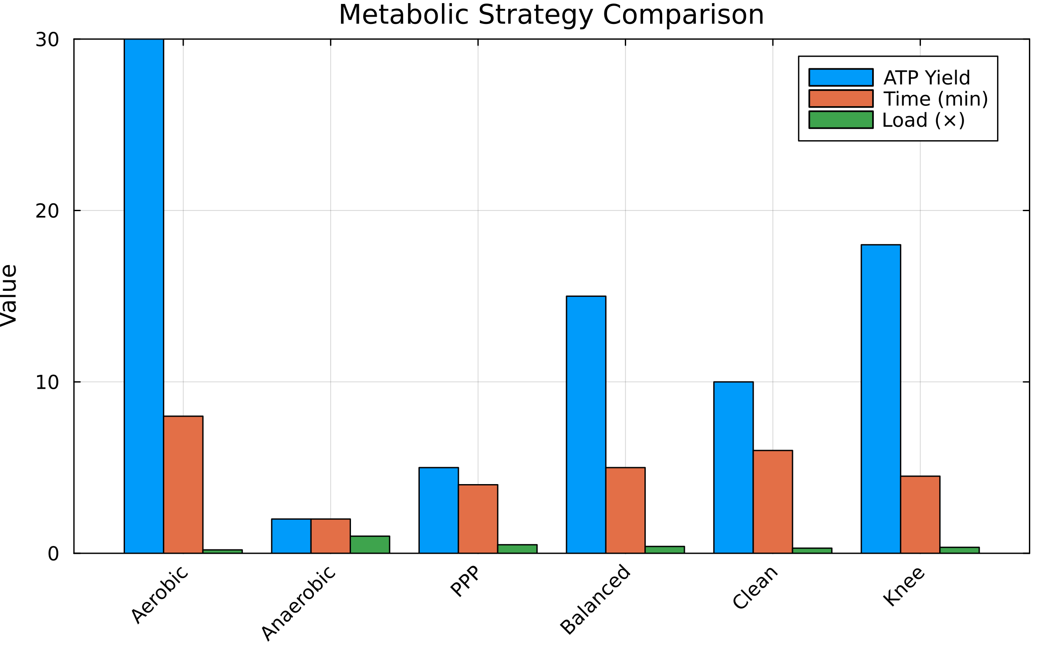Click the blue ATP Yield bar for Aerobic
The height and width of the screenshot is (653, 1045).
144,296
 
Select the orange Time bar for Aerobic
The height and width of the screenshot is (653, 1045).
183,485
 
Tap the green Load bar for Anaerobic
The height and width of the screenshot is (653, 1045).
370,545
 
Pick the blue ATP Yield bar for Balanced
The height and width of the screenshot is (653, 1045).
586,424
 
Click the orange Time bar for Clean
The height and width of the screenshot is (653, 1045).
772,502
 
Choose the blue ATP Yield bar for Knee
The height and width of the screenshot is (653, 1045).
880,399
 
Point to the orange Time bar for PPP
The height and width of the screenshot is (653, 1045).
478,518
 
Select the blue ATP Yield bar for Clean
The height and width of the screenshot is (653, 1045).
733,467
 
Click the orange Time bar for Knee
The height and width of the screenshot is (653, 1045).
920,515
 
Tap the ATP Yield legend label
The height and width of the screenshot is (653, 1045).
927,78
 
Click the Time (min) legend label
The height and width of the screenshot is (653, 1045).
935,99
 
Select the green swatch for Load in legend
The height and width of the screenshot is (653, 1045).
841,120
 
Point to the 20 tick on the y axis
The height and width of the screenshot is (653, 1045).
47,211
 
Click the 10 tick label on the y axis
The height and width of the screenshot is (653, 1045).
47,383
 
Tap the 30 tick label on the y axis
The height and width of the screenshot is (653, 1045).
47,40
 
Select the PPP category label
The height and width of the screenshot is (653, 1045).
465,581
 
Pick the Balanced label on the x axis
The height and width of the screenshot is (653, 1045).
595,599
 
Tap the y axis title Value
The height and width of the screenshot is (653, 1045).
9,295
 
